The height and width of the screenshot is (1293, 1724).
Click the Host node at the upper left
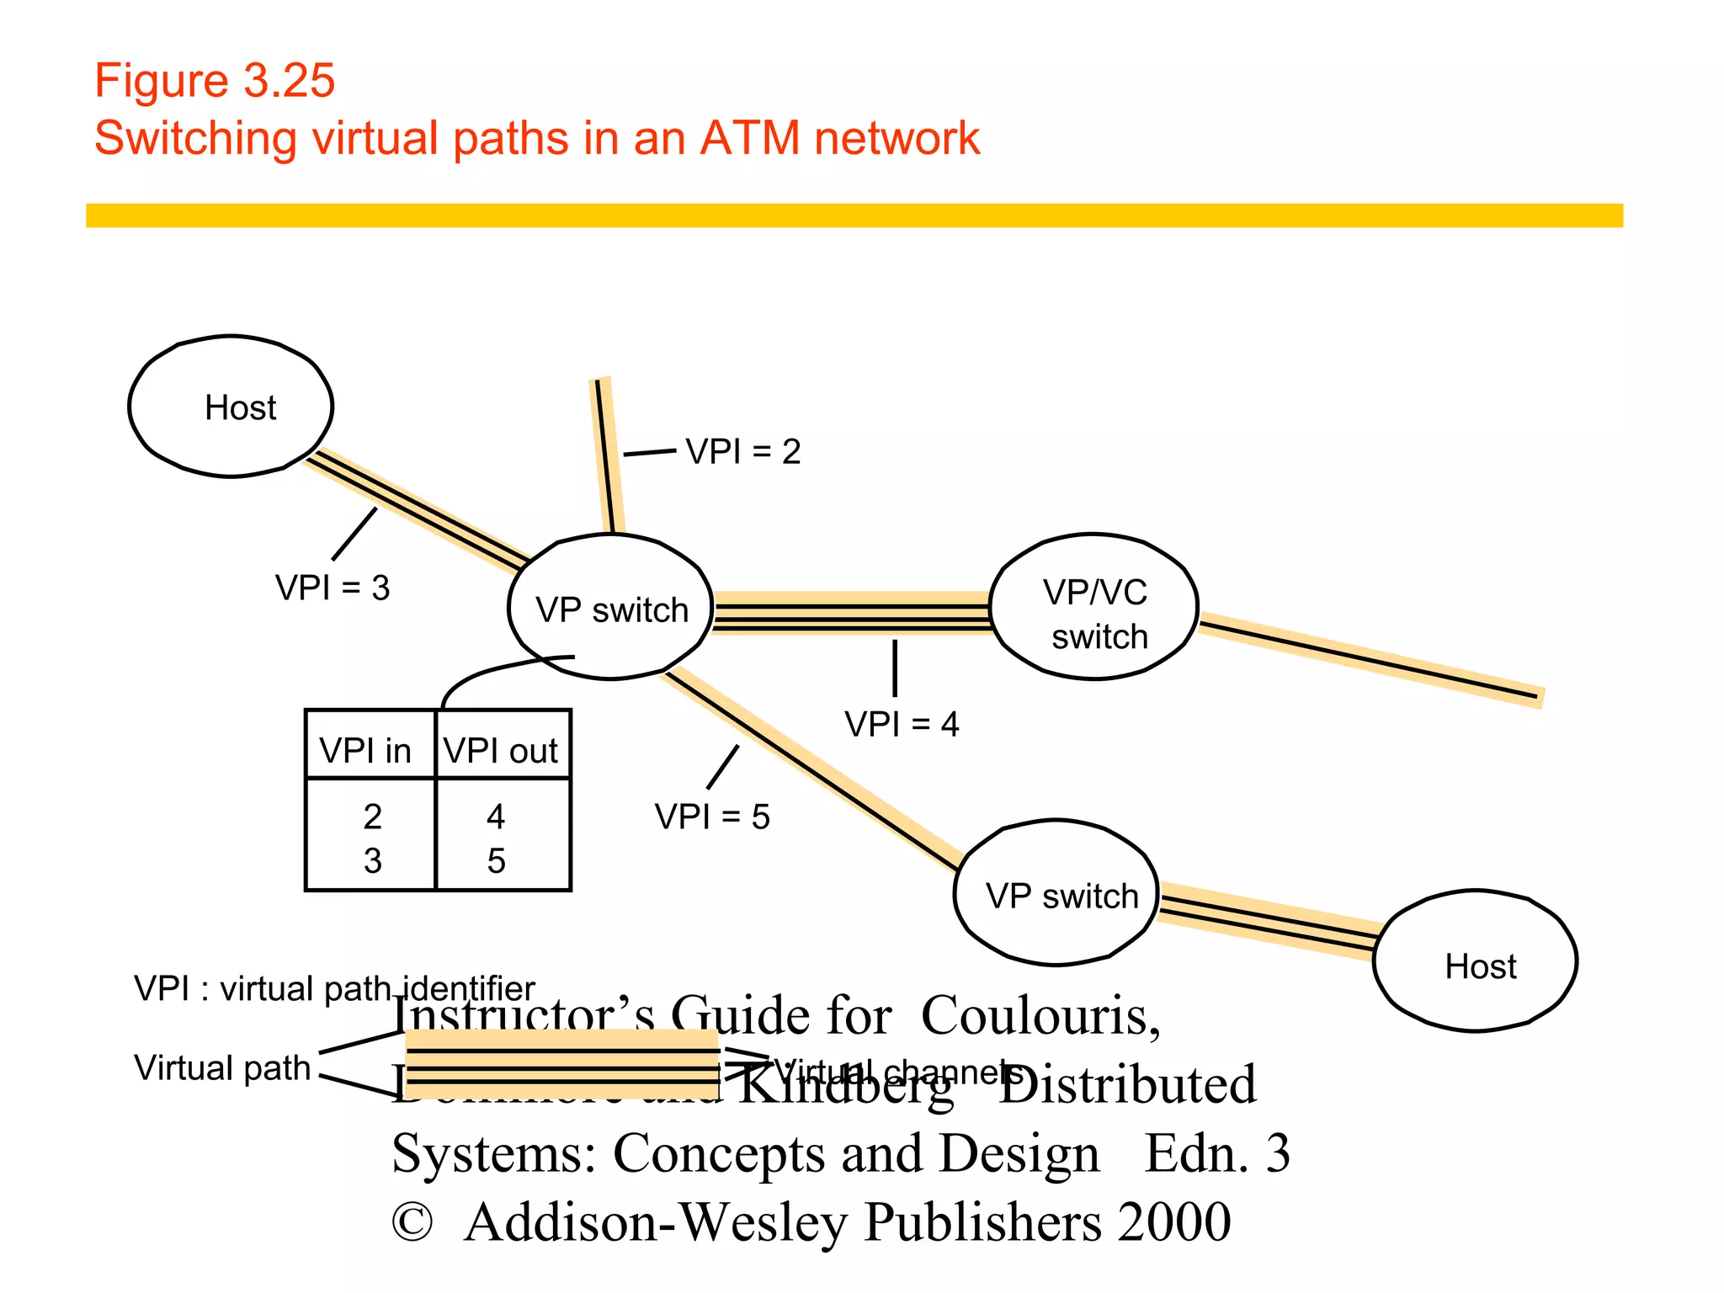click(x=231, y=407)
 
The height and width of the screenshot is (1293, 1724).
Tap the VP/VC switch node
click(x=1094, y=608)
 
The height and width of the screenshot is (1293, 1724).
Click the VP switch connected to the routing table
click(x=611, y=608)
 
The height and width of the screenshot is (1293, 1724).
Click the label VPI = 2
click(x=742, y=452)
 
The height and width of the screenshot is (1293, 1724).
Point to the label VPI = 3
click(x=333, y=588)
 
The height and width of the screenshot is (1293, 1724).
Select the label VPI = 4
click(x=902, y=724)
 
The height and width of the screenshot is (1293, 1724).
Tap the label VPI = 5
click(x=712, y=817)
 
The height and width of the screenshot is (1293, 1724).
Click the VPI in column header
click(x=365, y=750)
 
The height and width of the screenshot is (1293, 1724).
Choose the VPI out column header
click(x=501, y=750)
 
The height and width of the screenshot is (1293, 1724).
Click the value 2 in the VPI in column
click(x=372, y=816)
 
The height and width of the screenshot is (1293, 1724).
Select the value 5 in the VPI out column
click(x=496, y=860)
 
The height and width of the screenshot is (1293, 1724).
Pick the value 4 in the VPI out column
click(x=496, y=816)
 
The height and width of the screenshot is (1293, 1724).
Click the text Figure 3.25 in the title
click(x=215, y=81)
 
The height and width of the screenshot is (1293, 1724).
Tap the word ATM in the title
click(x=749, y=138)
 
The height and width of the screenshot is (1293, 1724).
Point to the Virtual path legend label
click(x=222, y=1067)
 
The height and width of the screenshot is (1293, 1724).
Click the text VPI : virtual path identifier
click(x=333, y=988)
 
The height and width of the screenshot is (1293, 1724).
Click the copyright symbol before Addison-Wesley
click(x=412, y=1222)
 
